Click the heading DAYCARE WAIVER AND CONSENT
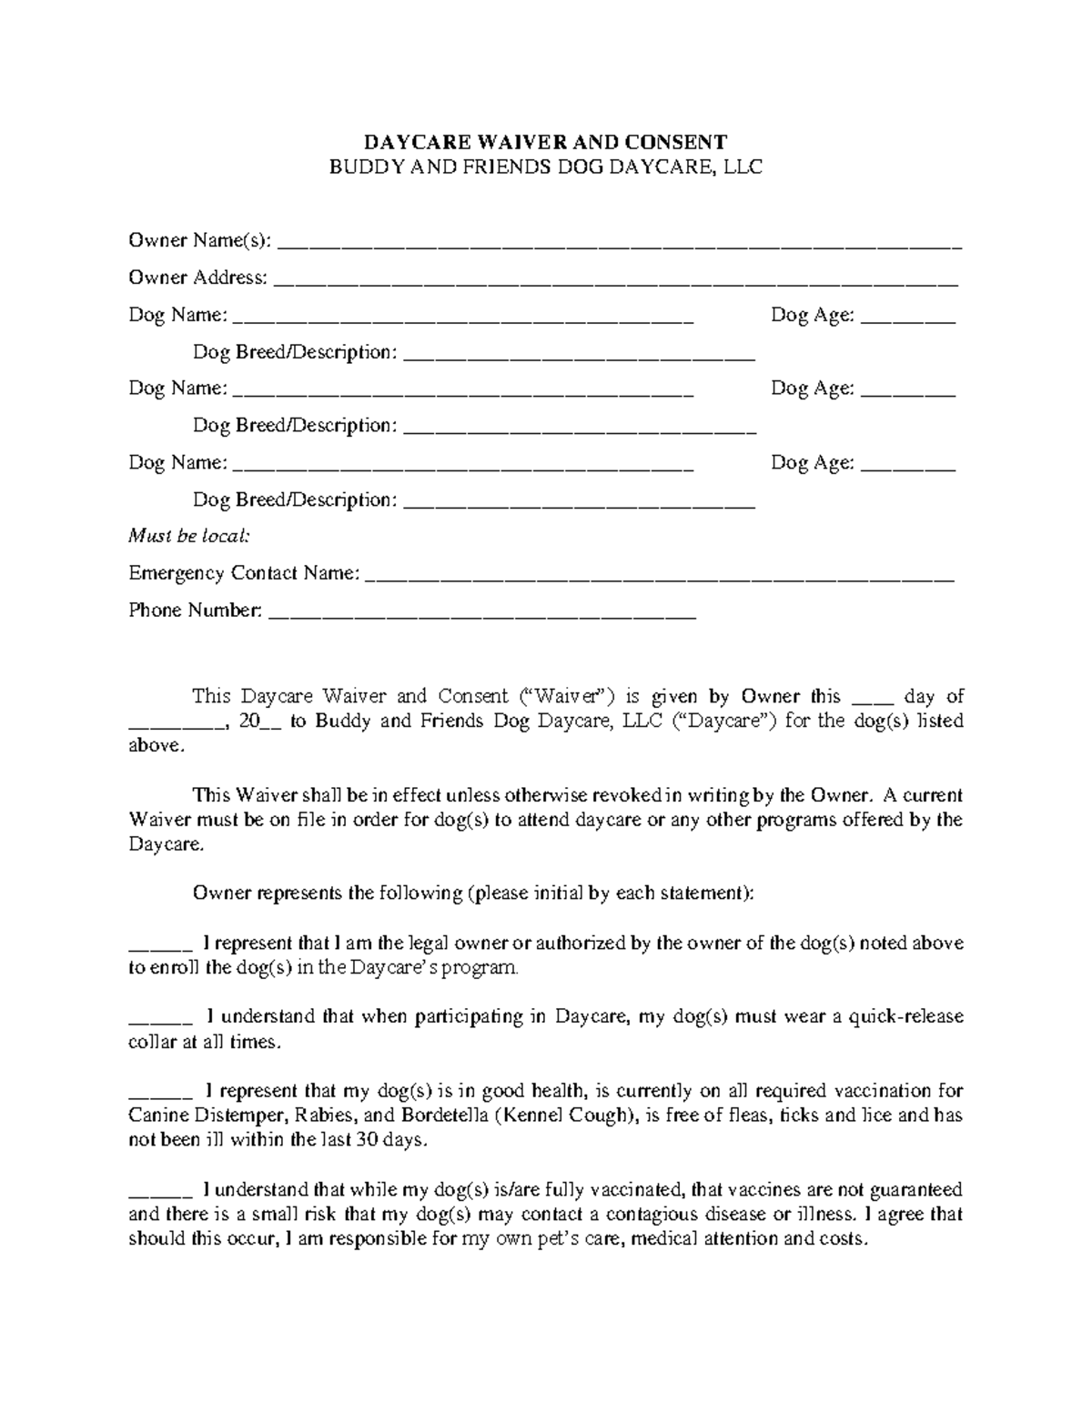[545, 142]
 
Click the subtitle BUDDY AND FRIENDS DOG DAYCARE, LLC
[545, 167]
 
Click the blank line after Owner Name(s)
[619, 244]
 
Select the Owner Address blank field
[616, 281]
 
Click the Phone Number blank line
[483, 614]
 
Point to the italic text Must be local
[188, 536]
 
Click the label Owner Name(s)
[199, 240]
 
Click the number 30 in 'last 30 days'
[369, 1140]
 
